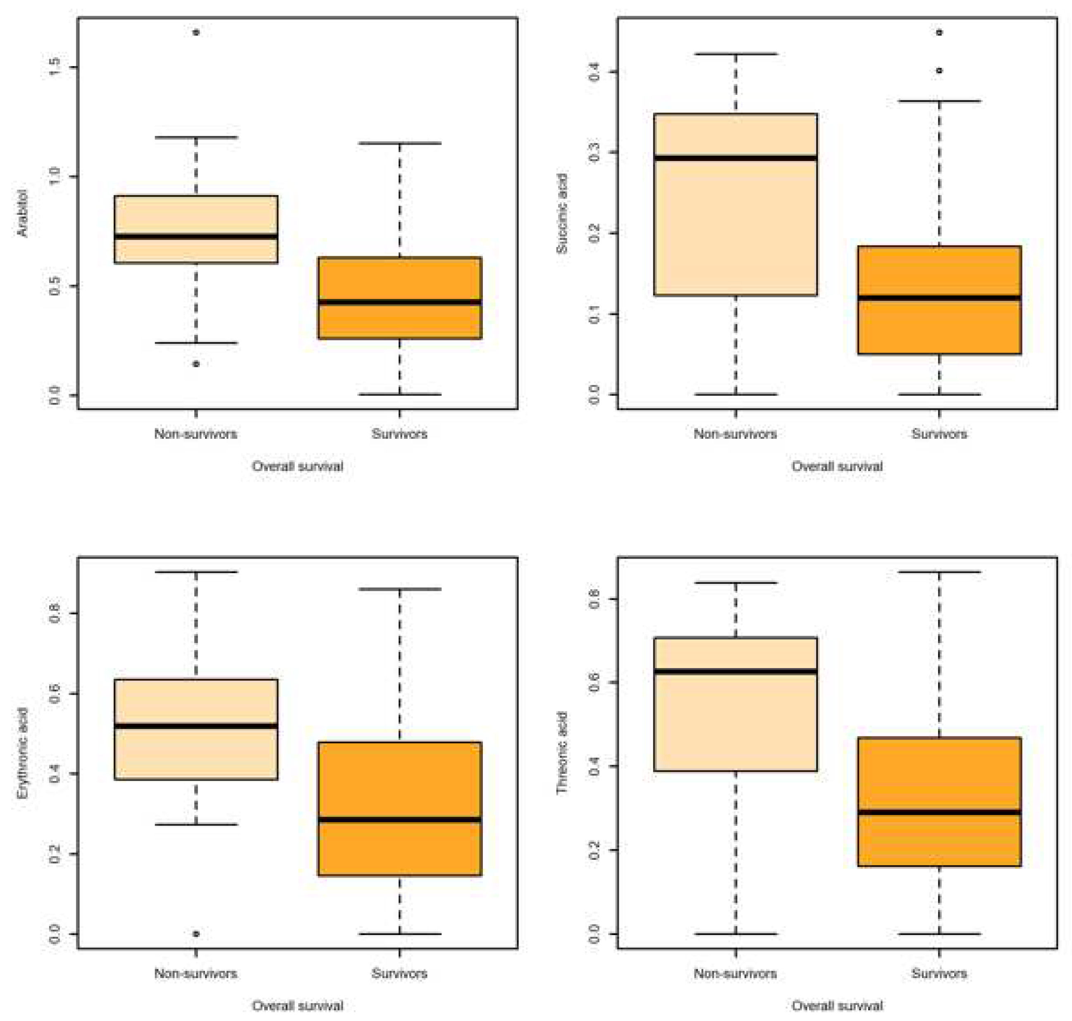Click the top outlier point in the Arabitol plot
coord(196,32)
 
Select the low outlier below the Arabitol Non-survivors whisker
coord(196,364)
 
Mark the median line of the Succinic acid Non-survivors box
coord(735,158)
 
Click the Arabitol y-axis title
coord(22,213)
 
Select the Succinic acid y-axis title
coord(561,213)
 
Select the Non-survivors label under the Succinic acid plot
coord(735,434)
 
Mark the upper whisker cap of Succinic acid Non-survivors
coord(735,54)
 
